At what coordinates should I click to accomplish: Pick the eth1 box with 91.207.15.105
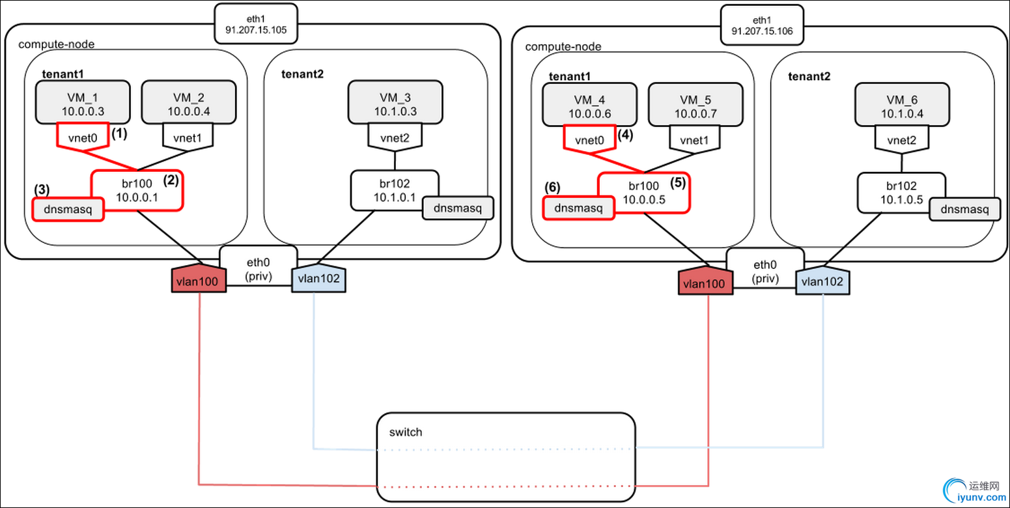(257, 23)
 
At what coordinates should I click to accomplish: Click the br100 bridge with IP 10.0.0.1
(137, 190)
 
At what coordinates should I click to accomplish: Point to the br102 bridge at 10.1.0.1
(394, 190)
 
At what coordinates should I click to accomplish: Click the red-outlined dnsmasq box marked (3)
(68, 209)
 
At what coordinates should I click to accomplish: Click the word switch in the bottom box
(405, 432)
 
